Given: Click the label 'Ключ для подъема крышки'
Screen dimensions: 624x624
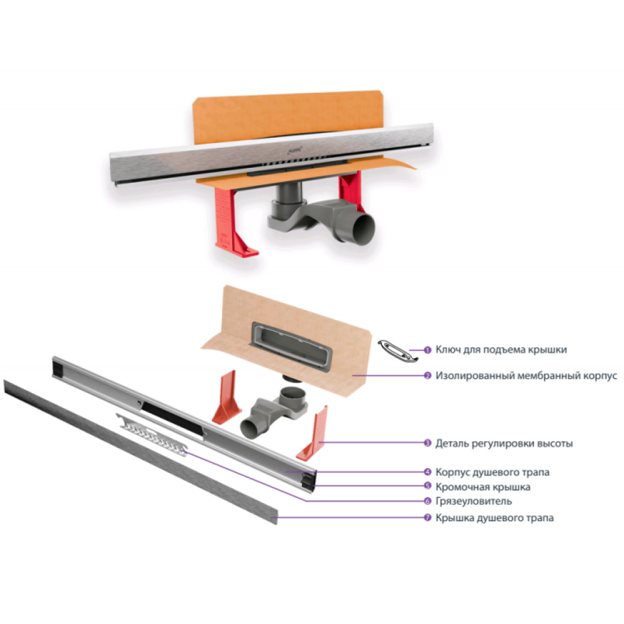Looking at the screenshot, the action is pos(501,350).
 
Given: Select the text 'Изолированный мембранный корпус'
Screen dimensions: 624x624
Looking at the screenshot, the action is pos(526,376).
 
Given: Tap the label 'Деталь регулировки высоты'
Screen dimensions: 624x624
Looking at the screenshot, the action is pos(504,443).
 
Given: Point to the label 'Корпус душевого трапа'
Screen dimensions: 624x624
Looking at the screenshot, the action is pos(492,472).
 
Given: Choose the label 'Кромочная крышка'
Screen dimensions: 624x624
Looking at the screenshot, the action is pos(483,487).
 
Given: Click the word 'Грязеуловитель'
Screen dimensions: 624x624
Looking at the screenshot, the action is pos(474,502).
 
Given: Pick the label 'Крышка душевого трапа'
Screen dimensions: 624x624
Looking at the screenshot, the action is pos(495,518).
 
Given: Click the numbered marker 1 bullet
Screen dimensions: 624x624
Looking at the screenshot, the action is pos(427,350).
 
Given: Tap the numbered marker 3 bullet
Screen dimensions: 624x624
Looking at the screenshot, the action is pos(427,443).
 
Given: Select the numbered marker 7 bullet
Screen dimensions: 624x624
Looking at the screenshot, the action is pos(427,518).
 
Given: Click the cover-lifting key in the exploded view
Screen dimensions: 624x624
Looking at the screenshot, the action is pos(397,351).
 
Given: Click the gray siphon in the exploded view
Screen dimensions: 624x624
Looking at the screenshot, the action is pos(275,412).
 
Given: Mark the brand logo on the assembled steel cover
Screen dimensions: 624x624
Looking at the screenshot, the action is pos(295,150).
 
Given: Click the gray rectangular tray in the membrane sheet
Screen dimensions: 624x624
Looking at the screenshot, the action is pos(291,346).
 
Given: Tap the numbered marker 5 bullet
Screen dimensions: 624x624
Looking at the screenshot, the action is pos(427,486).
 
